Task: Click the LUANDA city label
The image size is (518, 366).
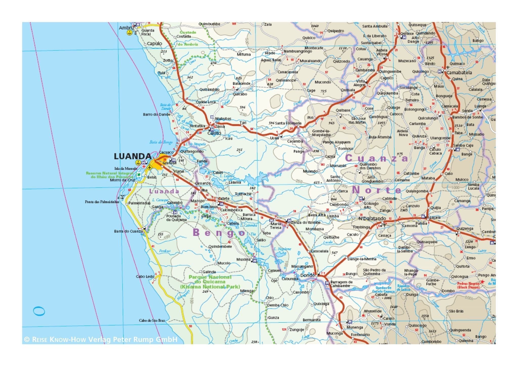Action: pos(133,156)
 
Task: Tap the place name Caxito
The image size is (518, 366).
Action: pos(214,133)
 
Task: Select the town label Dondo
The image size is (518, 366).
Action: pos(308,275)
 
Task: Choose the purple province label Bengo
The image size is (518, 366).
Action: pos(219,233)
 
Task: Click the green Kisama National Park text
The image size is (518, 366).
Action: pos(210,287)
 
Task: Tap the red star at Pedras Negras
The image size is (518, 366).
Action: pos(482,281)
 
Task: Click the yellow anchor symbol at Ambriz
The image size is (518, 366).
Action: pos(130,33)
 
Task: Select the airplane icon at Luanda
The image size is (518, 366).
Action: pos(150,167)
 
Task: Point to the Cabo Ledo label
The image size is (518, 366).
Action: pos(145,276)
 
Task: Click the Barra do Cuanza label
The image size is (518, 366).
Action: pos(128,231)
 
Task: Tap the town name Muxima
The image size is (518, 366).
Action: pos(243,259)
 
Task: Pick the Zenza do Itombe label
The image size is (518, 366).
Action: pos(306,222)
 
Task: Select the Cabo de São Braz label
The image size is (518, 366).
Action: pos(152,320)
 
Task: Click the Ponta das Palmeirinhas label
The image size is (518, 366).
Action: pos(102,202)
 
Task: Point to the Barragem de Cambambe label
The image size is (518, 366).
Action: pos(341,284)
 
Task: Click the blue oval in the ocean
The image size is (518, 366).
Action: pos(39,311)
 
